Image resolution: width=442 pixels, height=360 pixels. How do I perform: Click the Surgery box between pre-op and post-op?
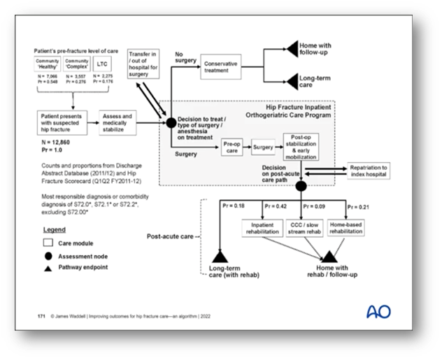[264, 148]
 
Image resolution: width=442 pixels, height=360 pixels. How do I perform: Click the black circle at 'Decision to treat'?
[170, 122]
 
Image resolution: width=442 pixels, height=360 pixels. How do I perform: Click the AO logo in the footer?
[378, 312]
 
